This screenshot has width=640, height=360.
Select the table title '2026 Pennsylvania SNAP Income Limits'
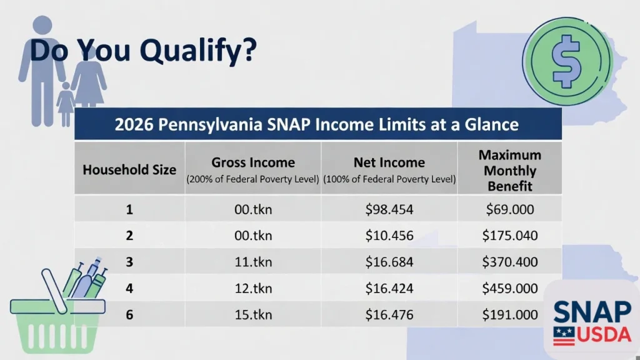point(317,124)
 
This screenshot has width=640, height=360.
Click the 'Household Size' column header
point(129,169)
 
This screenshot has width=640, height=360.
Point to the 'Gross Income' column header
point(252,163)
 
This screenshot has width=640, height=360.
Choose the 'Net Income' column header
point(389,163)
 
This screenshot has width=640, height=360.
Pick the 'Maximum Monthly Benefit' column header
point(509,170)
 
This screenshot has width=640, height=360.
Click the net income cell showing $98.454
point(389,209)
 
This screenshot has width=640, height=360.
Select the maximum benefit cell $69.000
point(509,209)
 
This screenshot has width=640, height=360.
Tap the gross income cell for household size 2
point(252,236)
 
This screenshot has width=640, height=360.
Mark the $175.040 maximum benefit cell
point(509,236)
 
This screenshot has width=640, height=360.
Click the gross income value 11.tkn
point(252,262)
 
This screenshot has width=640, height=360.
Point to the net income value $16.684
point(389,262)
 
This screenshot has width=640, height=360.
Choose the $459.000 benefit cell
point(509,288)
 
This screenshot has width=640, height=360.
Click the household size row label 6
point(129,314)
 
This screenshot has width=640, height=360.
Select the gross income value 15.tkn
point(252,314)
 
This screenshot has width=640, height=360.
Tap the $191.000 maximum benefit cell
point(509,314)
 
